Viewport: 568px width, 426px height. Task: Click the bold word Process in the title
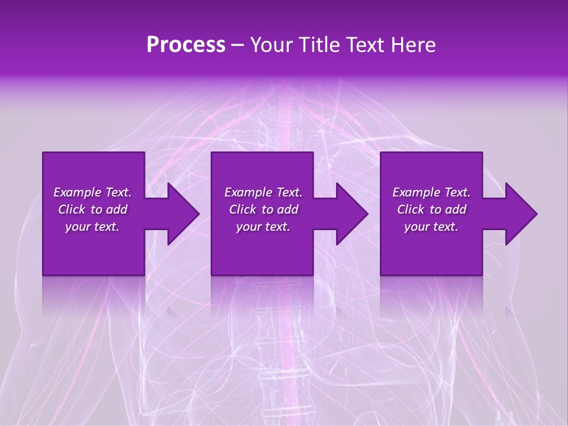(x=186, y=45)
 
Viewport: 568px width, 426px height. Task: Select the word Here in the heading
(x=412, y=45)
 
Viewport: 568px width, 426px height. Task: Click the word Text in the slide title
(x=365, y=45)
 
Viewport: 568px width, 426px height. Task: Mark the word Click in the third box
(x=411, y=209)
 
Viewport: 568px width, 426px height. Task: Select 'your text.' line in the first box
(x=92, y=227)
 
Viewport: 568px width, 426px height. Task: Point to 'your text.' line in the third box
(x=431, y=227)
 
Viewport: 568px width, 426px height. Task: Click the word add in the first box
(x=117, y=209)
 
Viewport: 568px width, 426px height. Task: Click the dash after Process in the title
(x=238, y=45)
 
